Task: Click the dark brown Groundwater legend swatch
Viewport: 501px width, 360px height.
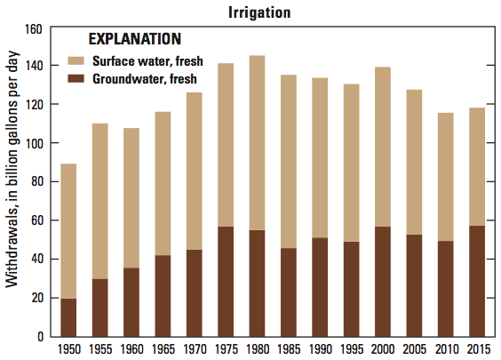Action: tap(76, 79)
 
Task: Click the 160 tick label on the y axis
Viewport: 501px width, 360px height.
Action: tap(33, 28)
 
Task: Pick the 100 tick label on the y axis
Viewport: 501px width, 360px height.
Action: tap(33, 143)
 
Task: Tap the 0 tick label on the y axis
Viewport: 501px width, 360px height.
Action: tap(40, 337)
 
